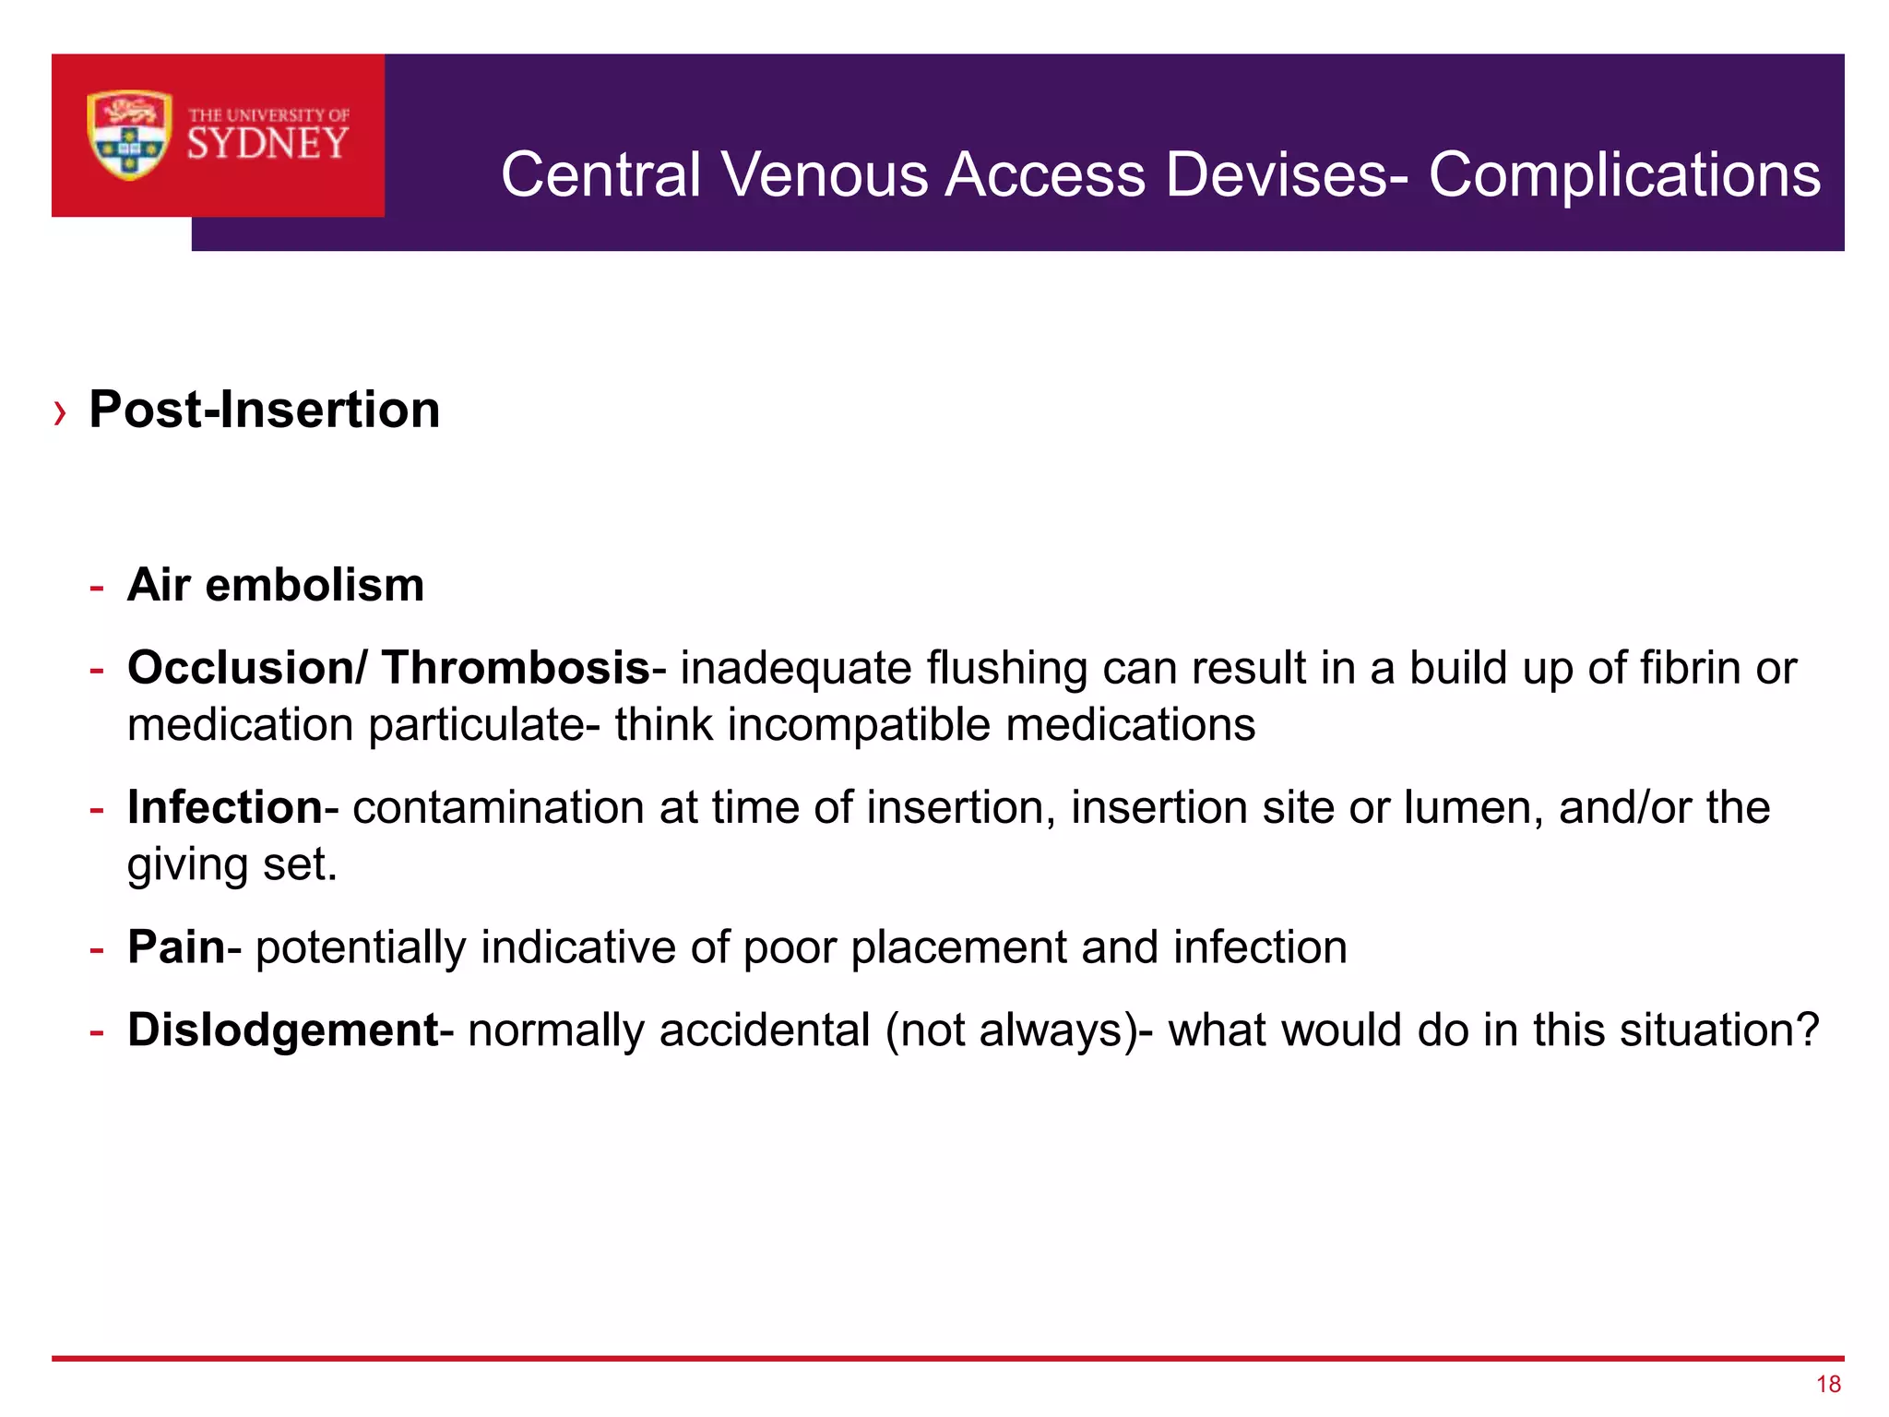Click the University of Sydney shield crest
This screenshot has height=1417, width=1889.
click(x=129, y=135)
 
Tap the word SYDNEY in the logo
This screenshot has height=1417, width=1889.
click(x=267, y=144)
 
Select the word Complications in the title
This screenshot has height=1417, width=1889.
click(x=1624, y=176)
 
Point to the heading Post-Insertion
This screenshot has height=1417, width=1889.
click(x=265, y=410)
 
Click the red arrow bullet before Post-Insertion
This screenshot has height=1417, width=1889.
click(x=61, y=412)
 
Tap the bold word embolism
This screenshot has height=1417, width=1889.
click(x=315, y=585)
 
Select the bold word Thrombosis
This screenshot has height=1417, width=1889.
click(x=516, y=668)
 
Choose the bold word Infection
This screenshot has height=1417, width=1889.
click(x=225, y=807)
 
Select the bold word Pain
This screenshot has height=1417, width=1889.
click(x=176, y=947)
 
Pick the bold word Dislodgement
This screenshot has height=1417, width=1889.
click(x=282, y=1030)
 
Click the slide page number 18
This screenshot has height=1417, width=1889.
click(x=1828, y=1384)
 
